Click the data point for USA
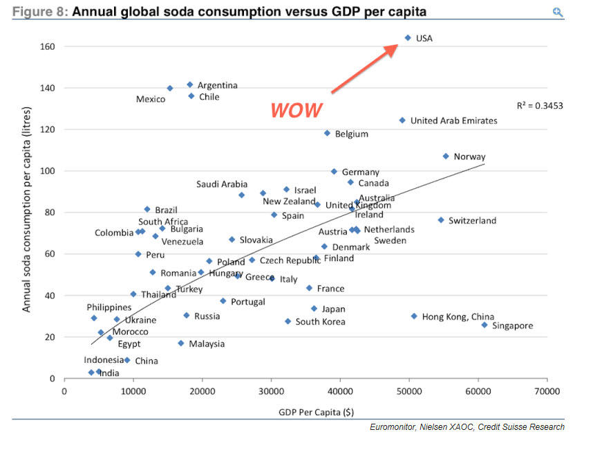point(408,38)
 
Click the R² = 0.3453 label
point(539,106)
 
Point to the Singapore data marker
point(484,325)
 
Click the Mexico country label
point(151,100)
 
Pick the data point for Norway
point(446,156)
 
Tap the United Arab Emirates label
point(453,121)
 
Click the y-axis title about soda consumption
point(27,212)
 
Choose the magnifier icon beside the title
point(558,12)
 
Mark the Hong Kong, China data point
point(414,316)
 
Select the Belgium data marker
point(327,133)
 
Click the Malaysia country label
point(207,344)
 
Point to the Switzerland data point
point(440,220)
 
